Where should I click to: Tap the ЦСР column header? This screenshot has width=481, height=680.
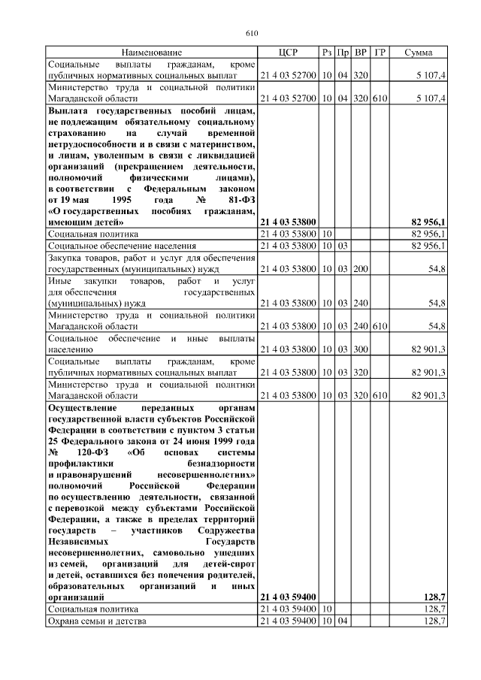coord(288,53)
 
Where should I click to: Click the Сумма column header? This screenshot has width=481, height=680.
coord(418,53)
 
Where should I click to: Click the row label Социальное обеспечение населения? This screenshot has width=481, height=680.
coord(123,246)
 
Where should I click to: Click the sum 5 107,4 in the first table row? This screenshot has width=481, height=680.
coord(431,76)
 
